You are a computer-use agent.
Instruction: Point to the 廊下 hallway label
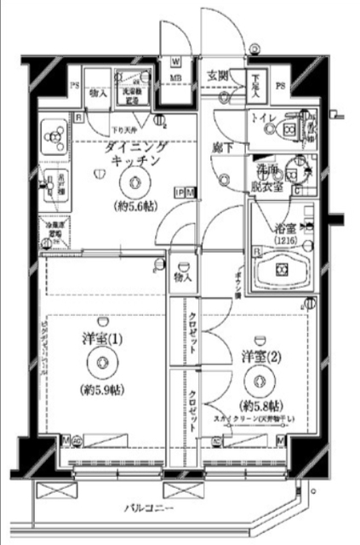(x=223, y=146)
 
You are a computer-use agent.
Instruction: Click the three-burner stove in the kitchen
(x=54, y=133)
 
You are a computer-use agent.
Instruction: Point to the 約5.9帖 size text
(x=101, y=391)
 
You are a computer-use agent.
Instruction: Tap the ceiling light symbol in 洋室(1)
(x=101, y=364)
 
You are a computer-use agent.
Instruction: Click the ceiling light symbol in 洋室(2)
(x=253, y=381)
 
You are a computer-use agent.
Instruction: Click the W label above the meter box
(x=175, y=61)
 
